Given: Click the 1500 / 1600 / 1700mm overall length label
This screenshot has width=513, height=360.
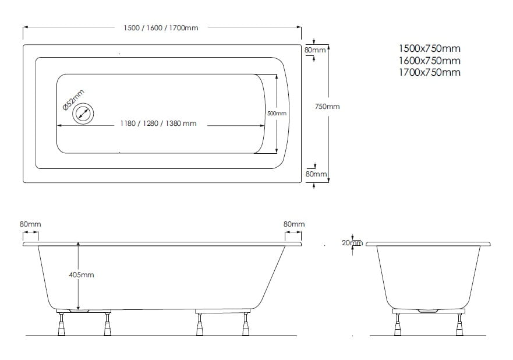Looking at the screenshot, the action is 161,28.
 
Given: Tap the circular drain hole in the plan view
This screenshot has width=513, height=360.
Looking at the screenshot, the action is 83,114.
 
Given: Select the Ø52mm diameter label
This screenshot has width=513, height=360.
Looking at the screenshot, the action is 73,100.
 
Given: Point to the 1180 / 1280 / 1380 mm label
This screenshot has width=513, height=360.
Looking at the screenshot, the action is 158,123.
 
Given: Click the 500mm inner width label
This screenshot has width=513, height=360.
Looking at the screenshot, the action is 277,113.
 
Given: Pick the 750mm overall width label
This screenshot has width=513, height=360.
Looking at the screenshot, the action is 327,107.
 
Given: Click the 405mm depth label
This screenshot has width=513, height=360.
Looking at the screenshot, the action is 81,275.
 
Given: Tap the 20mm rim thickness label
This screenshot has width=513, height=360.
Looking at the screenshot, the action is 352,243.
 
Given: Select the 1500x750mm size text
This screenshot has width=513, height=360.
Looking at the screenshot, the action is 430,48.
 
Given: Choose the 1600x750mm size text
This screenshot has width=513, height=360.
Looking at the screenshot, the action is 430,61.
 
